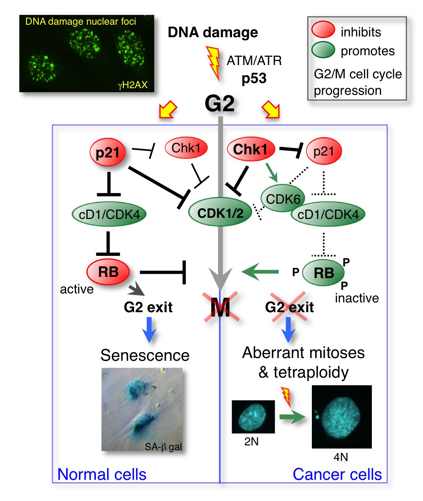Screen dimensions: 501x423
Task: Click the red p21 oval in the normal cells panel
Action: [x=108, y=152]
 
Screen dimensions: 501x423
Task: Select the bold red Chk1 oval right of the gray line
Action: [x=251, y=149]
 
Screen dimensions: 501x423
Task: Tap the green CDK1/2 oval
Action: [x=220, y=213]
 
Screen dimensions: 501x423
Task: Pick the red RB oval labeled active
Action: [x=108, y=272]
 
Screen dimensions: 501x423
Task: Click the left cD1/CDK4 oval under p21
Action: [x=109, y=214]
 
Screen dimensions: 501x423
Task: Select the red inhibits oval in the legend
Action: [x=323, y=31]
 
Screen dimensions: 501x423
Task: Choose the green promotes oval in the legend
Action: [x=323, y=50]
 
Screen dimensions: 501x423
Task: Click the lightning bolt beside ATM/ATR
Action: [x=213, y=62]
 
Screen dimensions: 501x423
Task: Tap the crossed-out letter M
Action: [x=221, y=307]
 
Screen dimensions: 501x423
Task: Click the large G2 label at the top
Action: [x=220, y=104]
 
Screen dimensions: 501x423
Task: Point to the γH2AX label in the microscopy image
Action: [x=133, y=85]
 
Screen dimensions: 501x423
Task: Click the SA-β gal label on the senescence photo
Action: [x=163, y=447]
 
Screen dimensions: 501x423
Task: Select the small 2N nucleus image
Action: [x=253, y=416]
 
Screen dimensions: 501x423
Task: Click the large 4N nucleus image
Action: [x=342, y=417]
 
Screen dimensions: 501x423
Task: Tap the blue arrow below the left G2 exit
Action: [x=149, y=329]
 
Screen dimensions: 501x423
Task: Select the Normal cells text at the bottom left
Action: [x=102, y=474]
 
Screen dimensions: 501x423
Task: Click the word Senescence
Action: [x=145, y=355]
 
